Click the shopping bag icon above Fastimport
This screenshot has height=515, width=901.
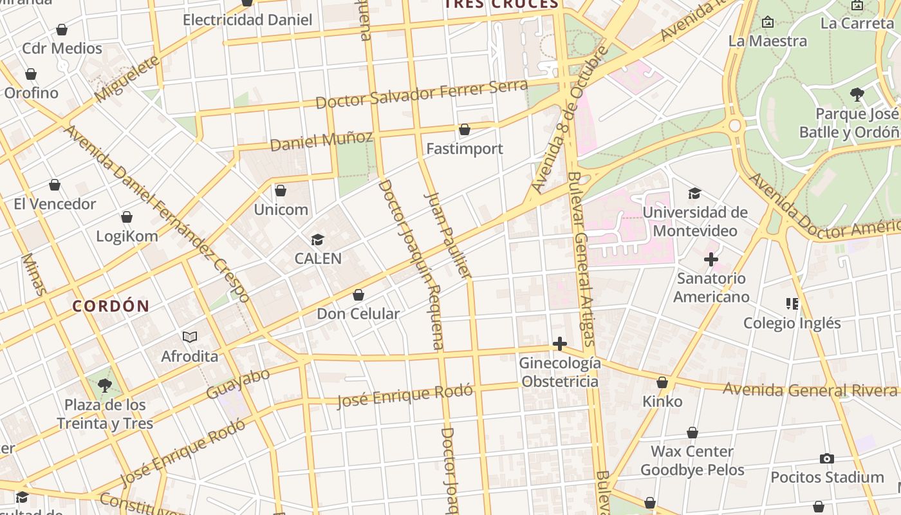point(464,129)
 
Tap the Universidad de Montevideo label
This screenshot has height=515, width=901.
point(695,221)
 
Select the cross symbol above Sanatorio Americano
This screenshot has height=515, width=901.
point(711,259)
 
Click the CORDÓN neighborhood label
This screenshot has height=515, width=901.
point(111,306)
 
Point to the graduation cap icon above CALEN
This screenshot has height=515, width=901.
point(317,240)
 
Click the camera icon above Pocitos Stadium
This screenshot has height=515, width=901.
point(827,458)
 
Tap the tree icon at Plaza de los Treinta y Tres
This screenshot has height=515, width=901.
point(104,386)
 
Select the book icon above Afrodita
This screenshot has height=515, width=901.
point(189,337)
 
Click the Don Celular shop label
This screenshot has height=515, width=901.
point(358,314)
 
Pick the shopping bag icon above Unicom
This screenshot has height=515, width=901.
point(280,191)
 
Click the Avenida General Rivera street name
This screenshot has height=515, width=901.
point(810,390)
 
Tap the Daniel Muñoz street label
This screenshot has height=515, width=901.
point(321,141)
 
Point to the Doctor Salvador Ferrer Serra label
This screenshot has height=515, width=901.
point(422,95)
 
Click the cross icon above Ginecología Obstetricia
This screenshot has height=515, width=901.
point(560,344)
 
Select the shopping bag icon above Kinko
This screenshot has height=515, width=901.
point(662,382)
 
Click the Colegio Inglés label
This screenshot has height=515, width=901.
point(792,323)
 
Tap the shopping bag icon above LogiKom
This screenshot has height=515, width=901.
point(127,217)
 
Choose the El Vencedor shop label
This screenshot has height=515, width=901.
point(55,204)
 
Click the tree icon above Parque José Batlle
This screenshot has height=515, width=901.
point(857,95)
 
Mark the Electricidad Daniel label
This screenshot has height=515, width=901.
point(247,20)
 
